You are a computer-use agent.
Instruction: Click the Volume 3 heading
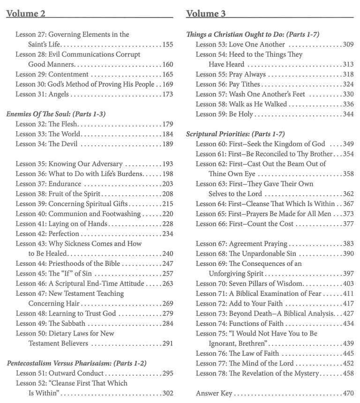coord(206,13)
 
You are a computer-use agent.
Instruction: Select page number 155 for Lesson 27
coord(167,45)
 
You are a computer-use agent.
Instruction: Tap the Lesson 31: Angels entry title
coord(42,94)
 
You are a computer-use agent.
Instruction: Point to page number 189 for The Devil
coord(167,144)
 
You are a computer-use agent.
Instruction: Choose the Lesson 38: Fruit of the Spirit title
coord(58,194)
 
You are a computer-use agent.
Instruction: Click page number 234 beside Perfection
coord(167,233)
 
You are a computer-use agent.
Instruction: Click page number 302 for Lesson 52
coord(167,393)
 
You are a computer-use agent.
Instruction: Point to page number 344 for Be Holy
coord(348,114)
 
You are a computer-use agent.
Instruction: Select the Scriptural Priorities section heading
coord(235,134)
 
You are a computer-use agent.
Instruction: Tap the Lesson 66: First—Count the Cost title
coord(245,224)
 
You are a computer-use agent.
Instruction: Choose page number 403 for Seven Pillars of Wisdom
coord(348,284)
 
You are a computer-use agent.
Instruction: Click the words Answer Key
coord(214,393)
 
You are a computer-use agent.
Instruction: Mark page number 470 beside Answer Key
coord(348,393)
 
